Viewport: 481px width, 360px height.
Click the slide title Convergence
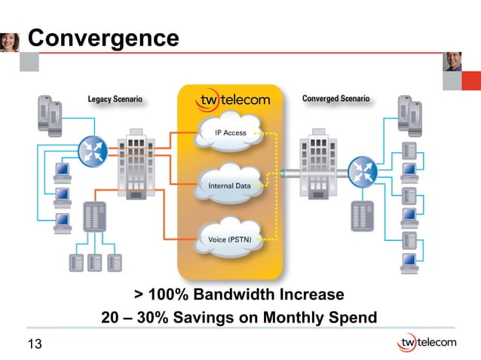click(x=103, y=37)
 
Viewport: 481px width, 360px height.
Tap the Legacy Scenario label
click(x=115, y=99)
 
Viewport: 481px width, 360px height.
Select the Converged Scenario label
click(x=335, y=99)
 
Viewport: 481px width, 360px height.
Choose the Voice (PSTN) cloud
click(x=228, y=239)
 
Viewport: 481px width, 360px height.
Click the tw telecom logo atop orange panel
click(x=233, y=100)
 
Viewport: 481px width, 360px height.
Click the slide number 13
click(x=34, y=345)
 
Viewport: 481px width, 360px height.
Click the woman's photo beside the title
click(x=10, y=41)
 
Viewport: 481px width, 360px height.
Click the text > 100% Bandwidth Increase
click(x=239, y=294)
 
